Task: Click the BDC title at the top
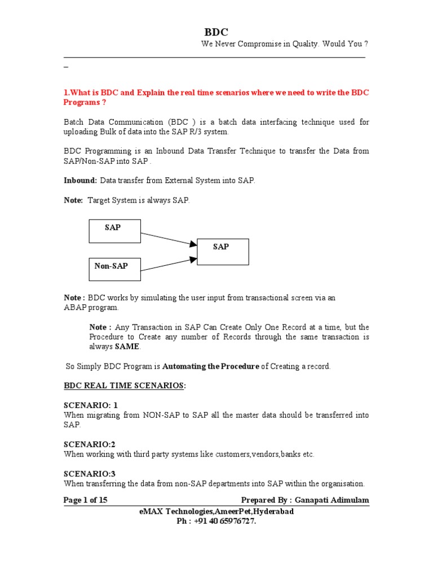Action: tap(216, 32)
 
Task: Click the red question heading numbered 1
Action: tap(216, 97)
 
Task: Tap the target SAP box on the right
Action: tap(222, 251)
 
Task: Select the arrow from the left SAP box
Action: tap(169, 238)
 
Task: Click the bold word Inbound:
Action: tap(81, 181)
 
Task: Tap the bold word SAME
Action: tap(127, 347)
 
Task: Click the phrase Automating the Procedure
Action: tap(211, 366)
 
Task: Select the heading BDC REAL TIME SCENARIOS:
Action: tap(124, 386)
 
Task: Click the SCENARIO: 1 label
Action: tap(91, 405)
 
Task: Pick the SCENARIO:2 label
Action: tap(90, 444)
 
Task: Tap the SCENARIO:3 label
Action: tap(90, 474)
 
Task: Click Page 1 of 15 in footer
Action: tap(86, 500)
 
